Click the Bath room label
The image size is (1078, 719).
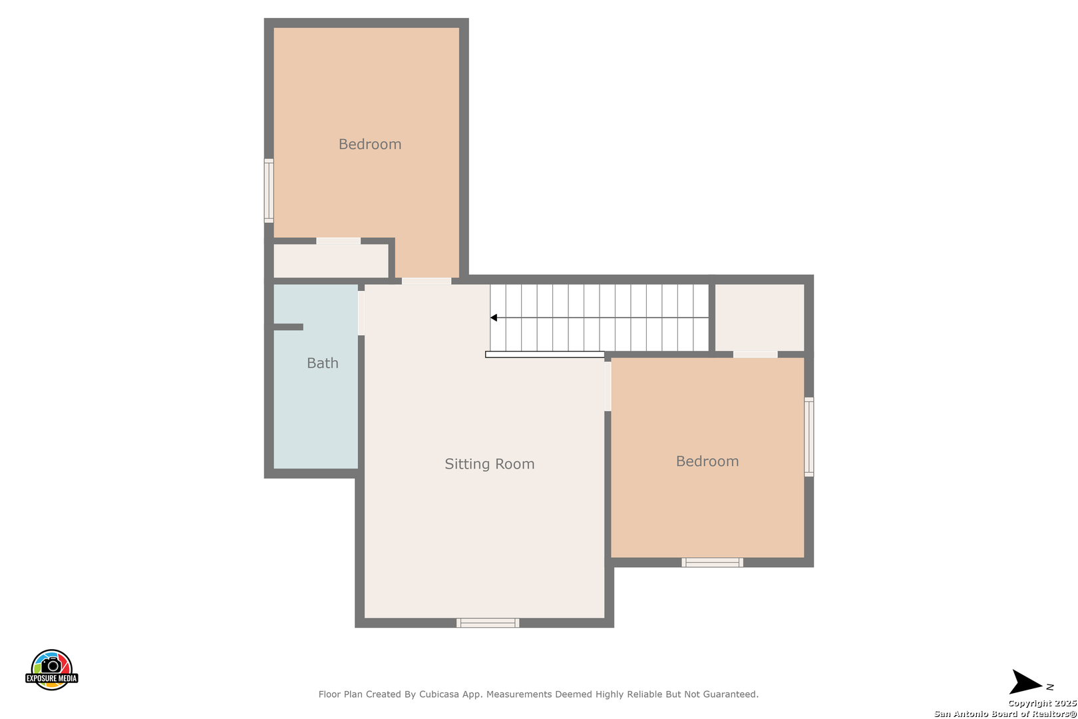pos(323,363)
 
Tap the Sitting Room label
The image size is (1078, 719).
pos(490,464)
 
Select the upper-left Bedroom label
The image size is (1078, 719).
pos(369,144)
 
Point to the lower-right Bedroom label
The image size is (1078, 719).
pos(707,461)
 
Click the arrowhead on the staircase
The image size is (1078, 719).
pos(493,318)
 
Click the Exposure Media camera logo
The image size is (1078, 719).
pos(51,669)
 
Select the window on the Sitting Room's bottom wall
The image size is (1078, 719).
pos(488,622)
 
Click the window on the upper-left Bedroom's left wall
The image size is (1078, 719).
pos(269,190)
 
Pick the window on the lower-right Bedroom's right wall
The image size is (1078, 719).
pos(809,437)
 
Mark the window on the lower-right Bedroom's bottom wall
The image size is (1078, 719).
pos(712,563)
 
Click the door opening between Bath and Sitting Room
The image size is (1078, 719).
pos(361,313)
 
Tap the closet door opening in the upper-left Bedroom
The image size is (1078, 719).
pos(338,241)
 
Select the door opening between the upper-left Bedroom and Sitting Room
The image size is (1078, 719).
pos(427,281)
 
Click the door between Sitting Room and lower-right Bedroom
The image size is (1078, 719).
pos(608,386)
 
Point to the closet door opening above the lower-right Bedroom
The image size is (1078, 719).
pos(755,354)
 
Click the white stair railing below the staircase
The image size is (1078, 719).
pos(545,354)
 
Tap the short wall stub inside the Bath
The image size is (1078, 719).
pos(288,327)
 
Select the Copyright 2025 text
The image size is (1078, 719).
pos(1042,703)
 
